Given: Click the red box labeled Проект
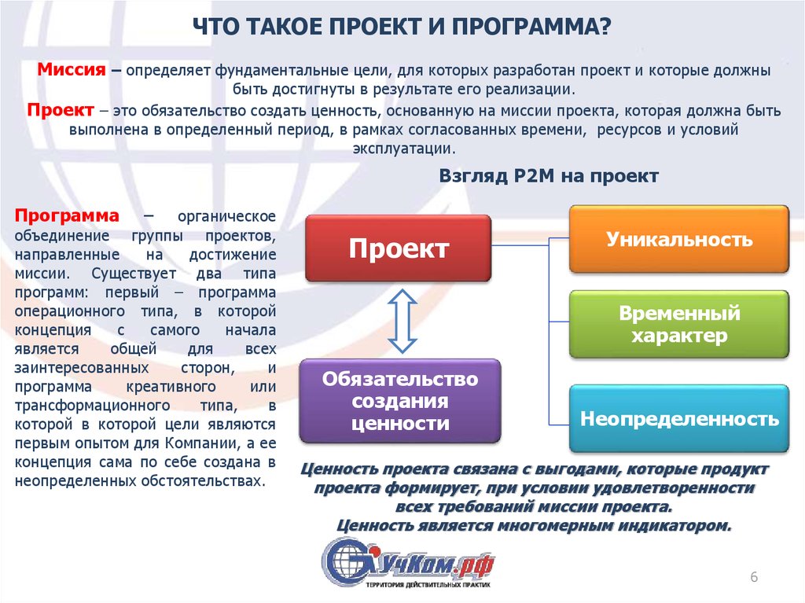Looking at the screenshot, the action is [399, 248].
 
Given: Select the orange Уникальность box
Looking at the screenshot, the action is [678, 239].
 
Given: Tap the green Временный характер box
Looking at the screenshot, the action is [678, 324].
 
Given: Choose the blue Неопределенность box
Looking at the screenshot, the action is [678, 418].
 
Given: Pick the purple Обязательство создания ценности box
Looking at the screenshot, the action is [400, 401].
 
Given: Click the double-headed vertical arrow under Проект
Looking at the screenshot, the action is [402, 321].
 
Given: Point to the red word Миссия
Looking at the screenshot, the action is [72, 69].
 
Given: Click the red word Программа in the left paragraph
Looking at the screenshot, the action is [67, 215].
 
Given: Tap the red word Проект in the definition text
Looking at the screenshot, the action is [61, 110].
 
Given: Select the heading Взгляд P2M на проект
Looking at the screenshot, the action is [548, 176].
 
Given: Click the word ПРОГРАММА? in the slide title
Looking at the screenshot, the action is [531, 26].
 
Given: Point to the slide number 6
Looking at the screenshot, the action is [754, 577].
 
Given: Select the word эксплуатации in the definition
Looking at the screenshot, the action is [404, 149].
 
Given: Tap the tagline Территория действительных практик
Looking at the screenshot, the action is [428, 585].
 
